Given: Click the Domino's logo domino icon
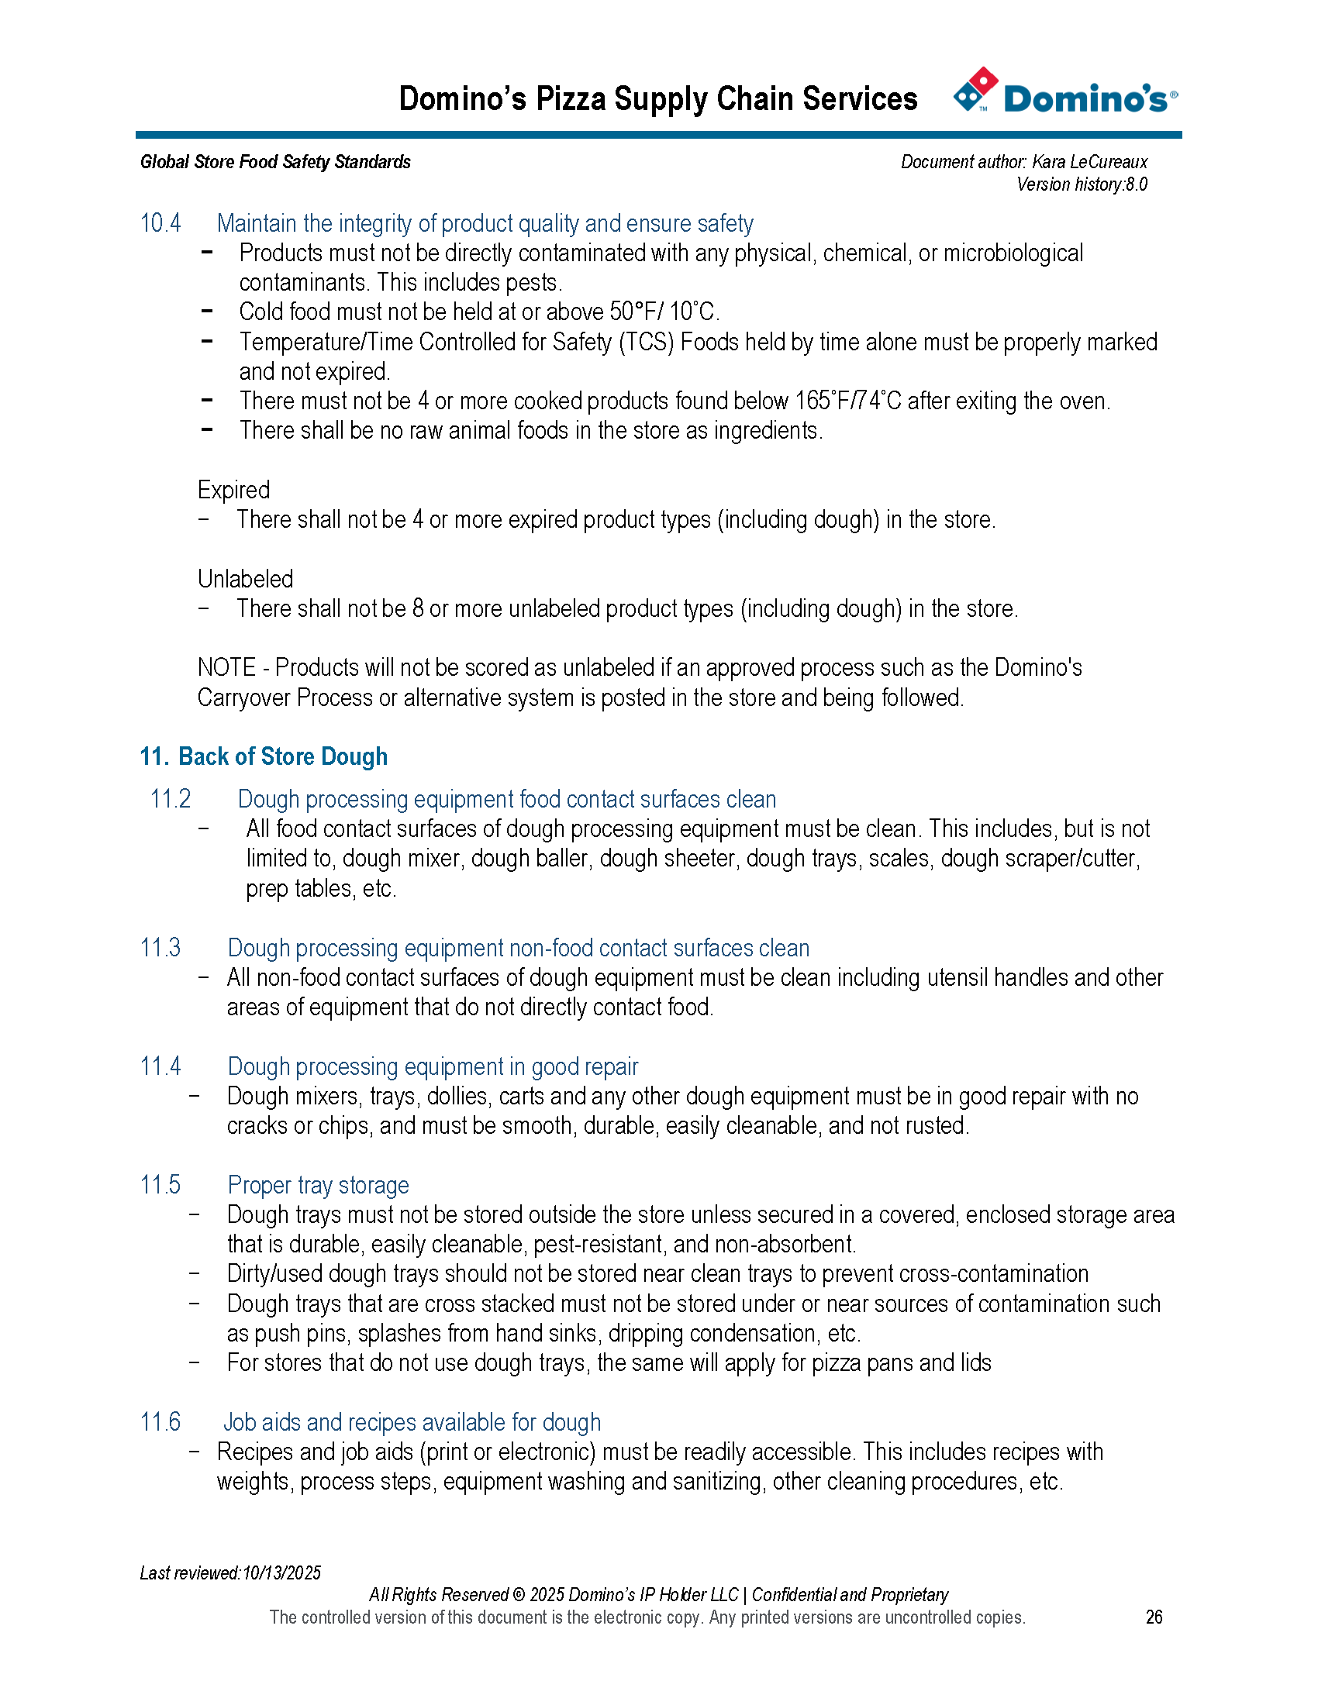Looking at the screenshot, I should tap(975, 89).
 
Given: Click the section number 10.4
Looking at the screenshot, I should tap(160, 223).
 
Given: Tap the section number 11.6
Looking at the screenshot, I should tap(160, 1421).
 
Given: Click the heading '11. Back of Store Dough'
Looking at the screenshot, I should tap(263, 756).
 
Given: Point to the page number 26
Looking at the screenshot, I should tap(1154, 1617).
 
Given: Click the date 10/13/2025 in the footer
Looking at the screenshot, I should tap(281, 1572).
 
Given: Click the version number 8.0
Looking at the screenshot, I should tap(1136, 184).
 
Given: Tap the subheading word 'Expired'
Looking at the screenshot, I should tap(233, 490).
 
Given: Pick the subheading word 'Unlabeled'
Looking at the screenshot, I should tap(245, 578).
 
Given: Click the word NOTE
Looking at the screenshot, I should tap(226, 667).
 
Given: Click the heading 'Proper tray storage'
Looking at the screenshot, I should tap(318, 1184).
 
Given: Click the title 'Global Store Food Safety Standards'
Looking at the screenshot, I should tap(275, 162).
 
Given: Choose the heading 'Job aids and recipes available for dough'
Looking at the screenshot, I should tap(412, 1421).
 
